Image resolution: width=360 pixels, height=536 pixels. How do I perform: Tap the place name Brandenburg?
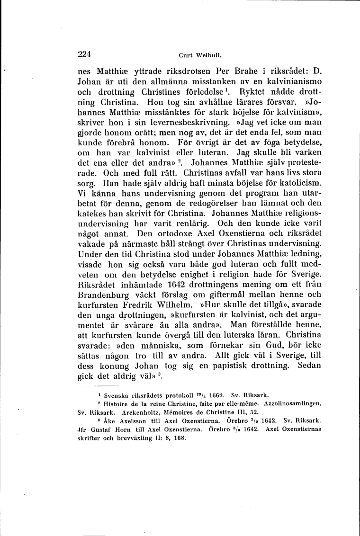[108, 294]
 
